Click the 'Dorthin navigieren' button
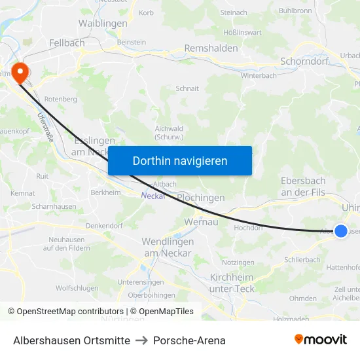(x=180, y=160)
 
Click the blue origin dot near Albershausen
(x=341, y=230)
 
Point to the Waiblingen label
(x=103, y=23)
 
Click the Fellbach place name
(x=67, y=43)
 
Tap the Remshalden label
(x=211, y=48)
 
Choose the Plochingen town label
(x=200, y=198)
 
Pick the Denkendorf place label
(x=105, y=225)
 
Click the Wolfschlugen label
(x=77, y=288)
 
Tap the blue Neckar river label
(x=152, y=194)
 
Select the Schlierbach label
(x=302, y=259)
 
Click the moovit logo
(x=320, y=339)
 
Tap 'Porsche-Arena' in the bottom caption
(x=189, y=340)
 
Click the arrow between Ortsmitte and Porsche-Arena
(x=141, y=340)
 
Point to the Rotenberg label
(x=62, y=99)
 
